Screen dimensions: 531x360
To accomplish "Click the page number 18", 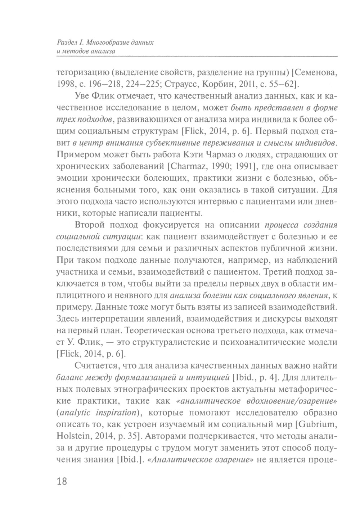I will pos(62,481).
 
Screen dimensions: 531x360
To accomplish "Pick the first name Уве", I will pos(83,96).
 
